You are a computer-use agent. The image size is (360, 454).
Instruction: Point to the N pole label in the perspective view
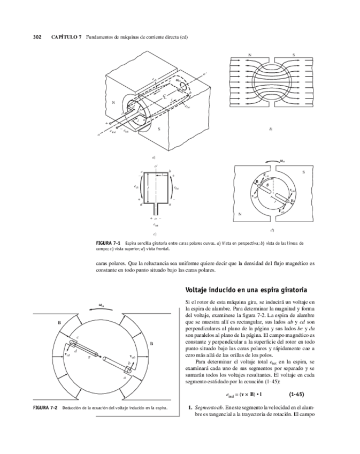pyautogui.click(x=113, y=102)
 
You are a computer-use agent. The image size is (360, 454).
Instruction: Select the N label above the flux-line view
pyautogui.click(x=250, y=55)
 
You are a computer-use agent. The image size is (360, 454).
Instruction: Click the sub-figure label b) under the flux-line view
pyautogui.click(x=271, y=129)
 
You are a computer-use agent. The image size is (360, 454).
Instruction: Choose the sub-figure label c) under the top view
pyautogui.click(x=155, y=234)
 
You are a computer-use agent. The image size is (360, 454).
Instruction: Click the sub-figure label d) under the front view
pyautogui.click(x=272, y=230)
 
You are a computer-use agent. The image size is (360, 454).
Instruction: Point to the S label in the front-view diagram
pyautogui.click(x=303, y=172)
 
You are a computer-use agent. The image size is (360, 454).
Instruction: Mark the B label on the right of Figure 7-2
pyautogui.click(x=151, y=343)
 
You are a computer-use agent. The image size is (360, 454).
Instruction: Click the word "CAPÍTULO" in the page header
pyautogui.click(x=63, y=37)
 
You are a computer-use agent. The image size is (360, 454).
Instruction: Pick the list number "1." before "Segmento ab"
pyautogui.click(x=190, y=408)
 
